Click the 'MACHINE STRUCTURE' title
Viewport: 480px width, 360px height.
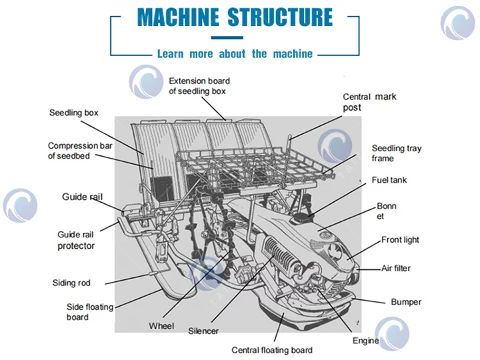coord(235,17)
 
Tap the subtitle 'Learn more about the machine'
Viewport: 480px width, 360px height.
coord(235,54)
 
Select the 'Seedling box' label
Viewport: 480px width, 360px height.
coord(73,113)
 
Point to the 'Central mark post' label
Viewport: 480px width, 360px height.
coord(369,102)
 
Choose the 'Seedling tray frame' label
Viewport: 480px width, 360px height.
coord(396,153)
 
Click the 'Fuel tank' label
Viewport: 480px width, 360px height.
coord(389,180)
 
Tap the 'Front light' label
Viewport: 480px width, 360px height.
coord(400,240)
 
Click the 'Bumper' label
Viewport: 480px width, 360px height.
coord(406,302)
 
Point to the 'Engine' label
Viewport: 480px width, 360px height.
coord(365,341)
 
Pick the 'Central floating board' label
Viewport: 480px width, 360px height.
coord(271,350)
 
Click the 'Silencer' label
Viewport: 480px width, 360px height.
coord(203,331)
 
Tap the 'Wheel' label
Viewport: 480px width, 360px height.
coord(161,326)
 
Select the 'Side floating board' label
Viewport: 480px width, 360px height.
coord(89,312)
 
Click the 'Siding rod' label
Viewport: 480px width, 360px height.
coord(71,283)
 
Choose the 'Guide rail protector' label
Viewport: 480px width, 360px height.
coord(76,240)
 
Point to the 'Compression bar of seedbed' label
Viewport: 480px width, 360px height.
coord(77,151)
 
